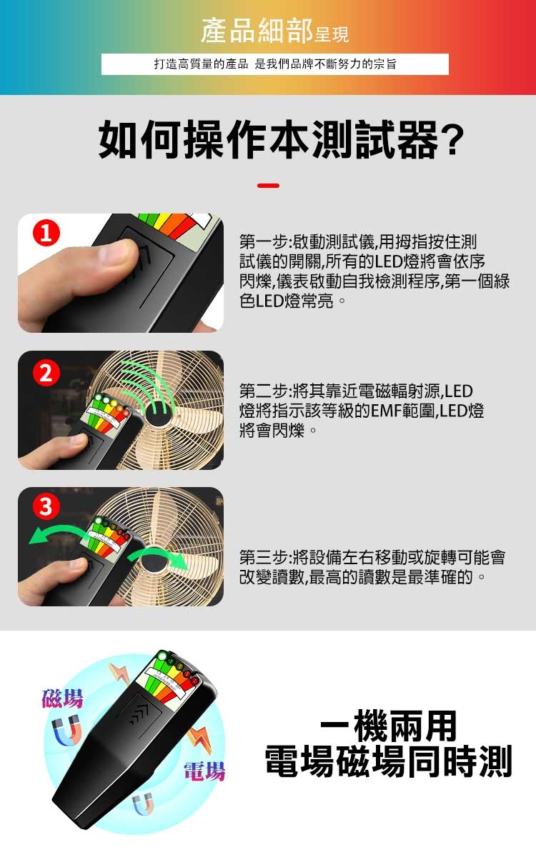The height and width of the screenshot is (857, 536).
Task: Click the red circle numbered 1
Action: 46,233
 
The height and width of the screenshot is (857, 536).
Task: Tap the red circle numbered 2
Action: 46,373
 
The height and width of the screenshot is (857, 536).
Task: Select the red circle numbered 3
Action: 46,506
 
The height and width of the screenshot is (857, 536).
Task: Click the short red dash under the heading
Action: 268,186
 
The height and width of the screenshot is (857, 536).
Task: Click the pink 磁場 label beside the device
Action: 62,698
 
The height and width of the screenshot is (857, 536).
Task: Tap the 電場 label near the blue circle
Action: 204,771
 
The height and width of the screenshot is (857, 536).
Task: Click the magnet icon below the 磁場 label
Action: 66,731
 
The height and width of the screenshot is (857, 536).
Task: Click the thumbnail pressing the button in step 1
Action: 115,253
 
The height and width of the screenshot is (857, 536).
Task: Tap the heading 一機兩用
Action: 388,726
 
